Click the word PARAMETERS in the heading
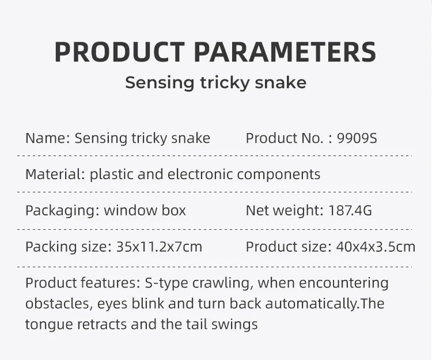coord(285,52)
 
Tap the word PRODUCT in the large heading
coord(119,52)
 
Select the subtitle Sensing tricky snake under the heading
coord(216,82)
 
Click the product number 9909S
coord(357,138)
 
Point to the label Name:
coord(48,138)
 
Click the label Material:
coord(55,174)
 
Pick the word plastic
coord(111,174)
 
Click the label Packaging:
coord(62,210)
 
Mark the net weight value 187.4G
coord(350,210)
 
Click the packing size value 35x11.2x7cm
coord(159,247)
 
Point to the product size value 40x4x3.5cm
coord(375,247)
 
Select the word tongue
coord(49,324)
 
